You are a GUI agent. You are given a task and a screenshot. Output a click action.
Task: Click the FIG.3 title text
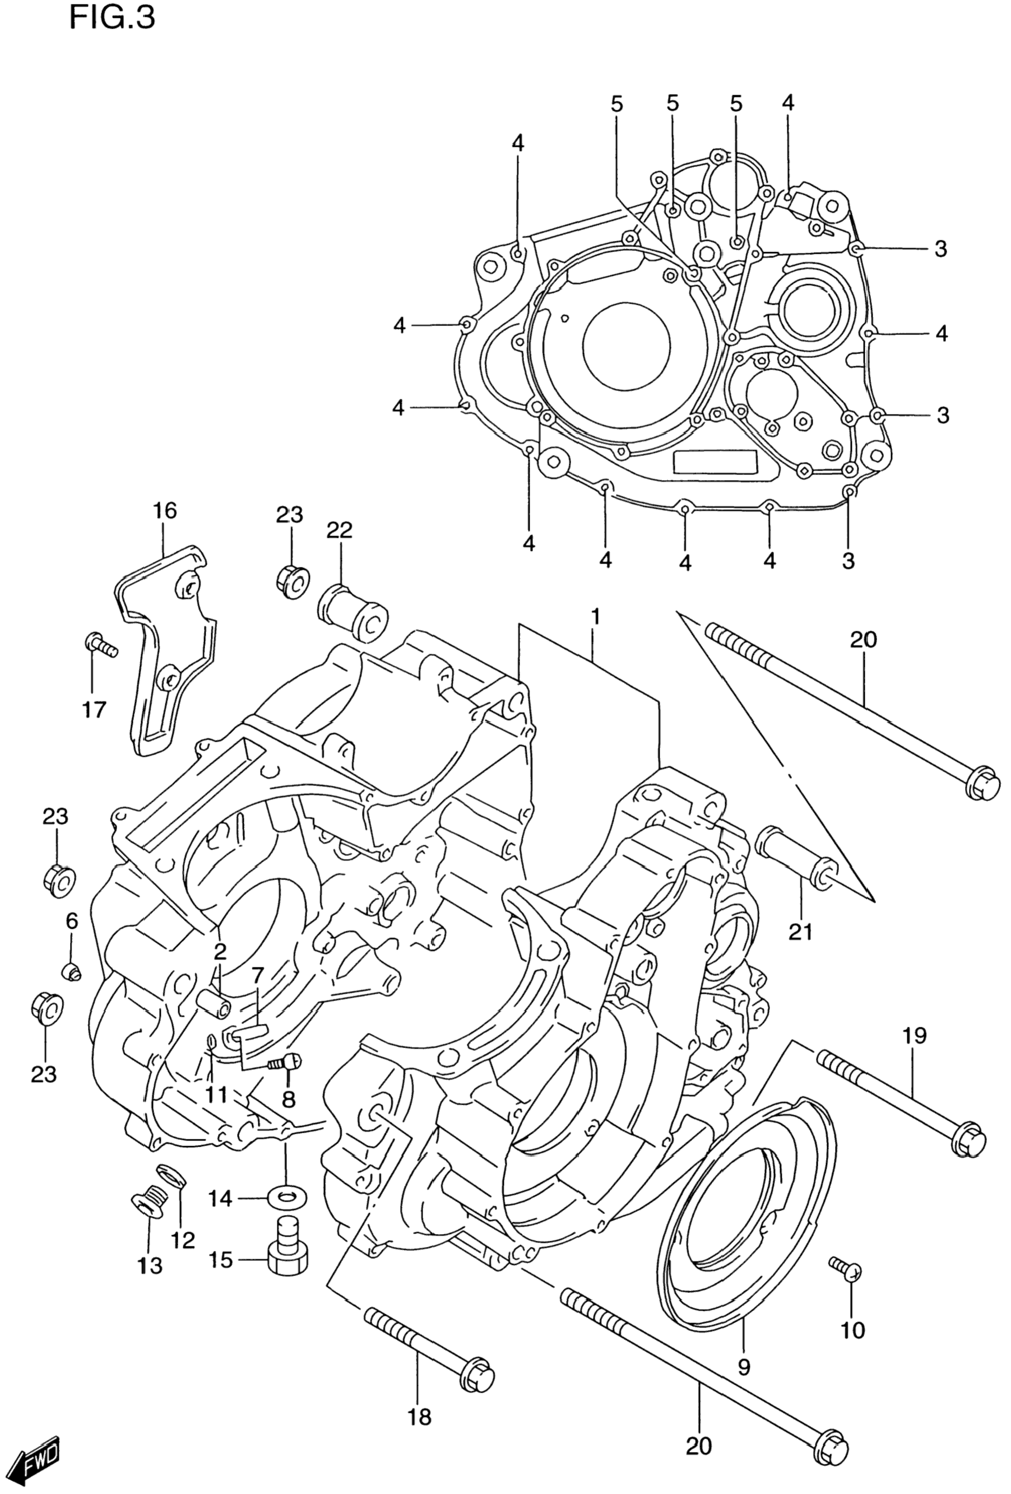tap(112, 17)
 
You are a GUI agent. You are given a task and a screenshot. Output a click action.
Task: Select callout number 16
tap(165, 511)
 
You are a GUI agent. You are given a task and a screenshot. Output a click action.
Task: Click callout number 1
tap(596, 618)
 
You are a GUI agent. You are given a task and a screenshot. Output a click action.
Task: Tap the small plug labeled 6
tap(70, 971)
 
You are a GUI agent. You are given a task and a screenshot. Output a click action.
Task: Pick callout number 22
tap(340, 530)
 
